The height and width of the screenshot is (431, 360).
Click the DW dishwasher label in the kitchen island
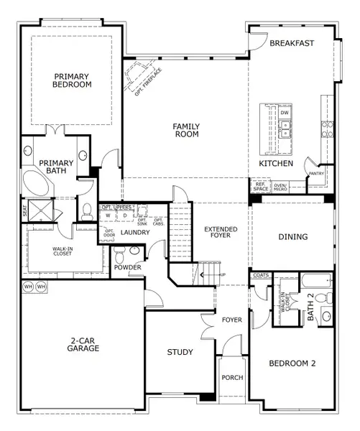[285, 113]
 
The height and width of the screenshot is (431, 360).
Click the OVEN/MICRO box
[280, 187]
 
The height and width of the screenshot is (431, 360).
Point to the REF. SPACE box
[259, 187]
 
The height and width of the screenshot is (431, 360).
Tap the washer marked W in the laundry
[108, 215]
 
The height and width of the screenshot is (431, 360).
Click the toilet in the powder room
[120, 253]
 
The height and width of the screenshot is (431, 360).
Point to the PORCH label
[232, 377]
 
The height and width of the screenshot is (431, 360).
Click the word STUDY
[180, 352]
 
